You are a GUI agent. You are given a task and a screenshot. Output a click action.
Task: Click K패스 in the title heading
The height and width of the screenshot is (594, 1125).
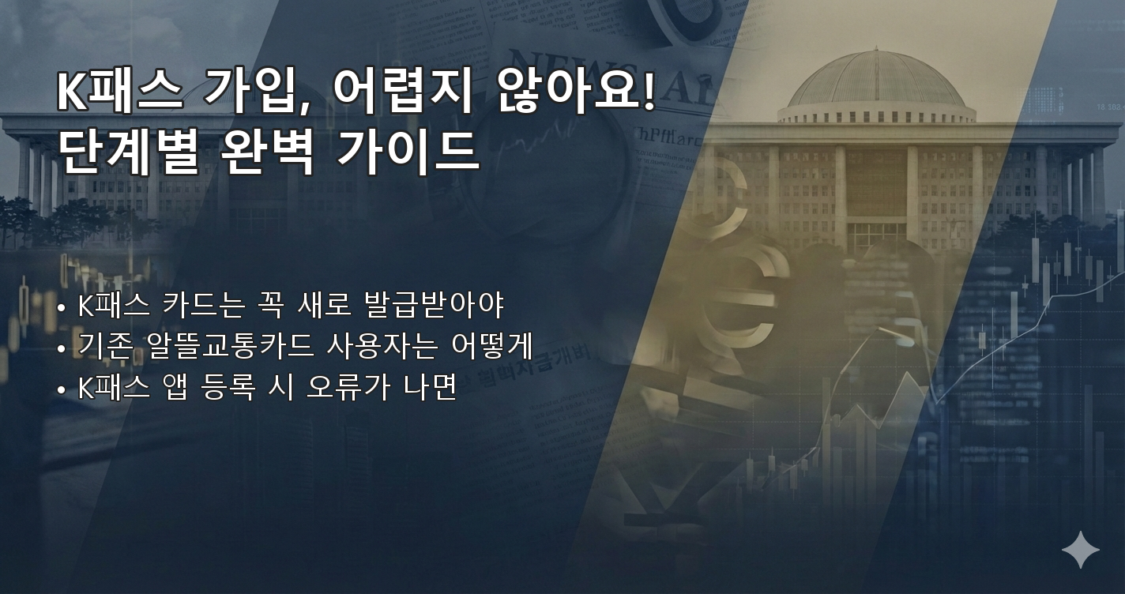(119, 93)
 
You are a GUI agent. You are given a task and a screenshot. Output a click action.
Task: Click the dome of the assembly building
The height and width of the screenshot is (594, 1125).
(876, 79)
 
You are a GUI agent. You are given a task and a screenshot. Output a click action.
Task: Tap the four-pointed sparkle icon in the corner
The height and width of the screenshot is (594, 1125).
(1080, 550)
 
